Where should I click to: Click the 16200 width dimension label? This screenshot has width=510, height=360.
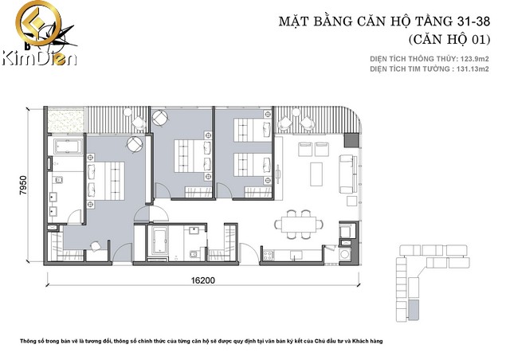coord(202,280)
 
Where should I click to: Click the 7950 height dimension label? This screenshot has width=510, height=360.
coord(23,185)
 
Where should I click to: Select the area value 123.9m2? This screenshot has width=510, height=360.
coord(474,59)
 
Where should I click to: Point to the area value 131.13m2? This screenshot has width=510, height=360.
coord(473,69)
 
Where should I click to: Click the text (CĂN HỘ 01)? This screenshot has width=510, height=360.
coord(449,39)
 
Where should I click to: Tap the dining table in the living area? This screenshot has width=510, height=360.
coord(299,224)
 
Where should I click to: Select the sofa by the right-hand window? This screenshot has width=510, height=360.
coord(346,174)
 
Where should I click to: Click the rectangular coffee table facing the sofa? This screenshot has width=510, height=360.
coord(316,174)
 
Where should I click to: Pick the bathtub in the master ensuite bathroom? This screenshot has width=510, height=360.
coord(68,147)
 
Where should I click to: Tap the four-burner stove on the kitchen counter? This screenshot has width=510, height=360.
coord(269,256)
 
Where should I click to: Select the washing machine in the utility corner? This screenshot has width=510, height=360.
coord(345,254)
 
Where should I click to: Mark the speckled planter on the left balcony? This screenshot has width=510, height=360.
coord(65,120)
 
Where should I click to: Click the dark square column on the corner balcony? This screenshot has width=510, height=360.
coord(351,139)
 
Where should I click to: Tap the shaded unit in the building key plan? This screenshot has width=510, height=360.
coord(414,311)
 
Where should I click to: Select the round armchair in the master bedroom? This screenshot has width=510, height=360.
coord(135,144)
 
